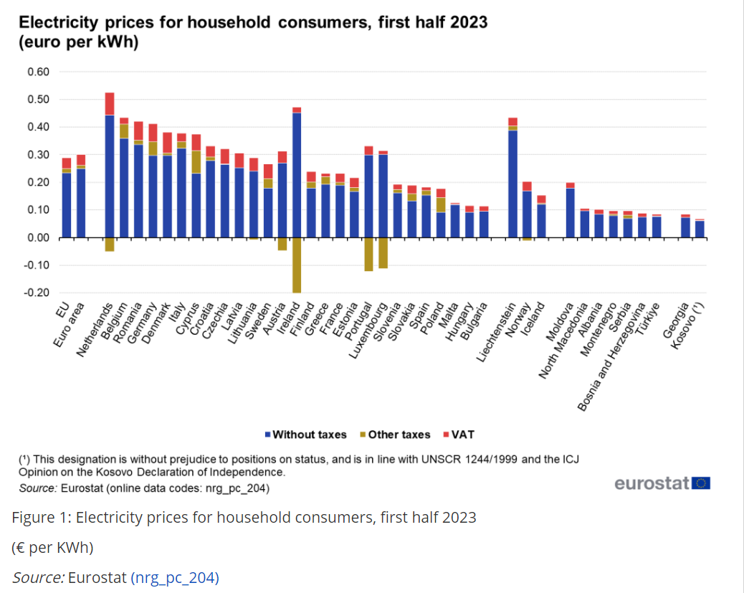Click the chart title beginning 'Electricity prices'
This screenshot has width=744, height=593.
(x=252, y=22)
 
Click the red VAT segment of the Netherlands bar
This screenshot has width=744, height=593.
(x=110, y=104)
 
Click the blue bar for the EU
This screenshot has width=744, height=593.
(x=67, y=205)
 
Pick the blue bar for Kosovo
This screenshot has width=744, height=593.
(x=700, y=229)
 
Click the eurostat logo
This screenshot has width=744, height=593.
(x=662, y=483)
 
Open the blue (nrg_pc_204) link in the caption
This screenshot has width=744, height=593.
(x=174, y=577)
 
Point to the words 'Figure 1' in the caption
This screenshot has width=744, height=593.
(x=39, y=517)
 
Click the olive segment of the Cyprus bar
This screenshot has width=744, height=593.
(x=196, y=161)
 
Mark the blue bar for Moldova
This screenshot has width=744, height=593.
(x=570, y=212)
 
